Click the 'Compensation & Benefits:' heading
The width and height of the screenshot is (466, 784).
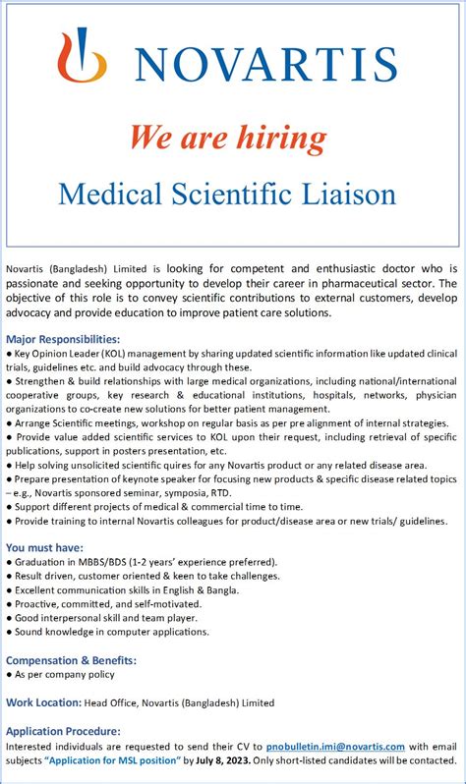[x=71, y=660]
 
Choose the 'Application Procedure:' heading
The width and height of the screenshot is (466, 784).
[x=63, y=731]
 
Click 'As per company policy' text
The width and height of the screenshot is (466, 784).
[x=65, y=674]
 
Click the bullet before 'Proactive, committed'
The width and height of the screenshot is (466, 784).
[x=9, y=604]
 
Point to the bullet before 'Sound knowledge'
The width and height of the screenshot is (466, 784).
[x=9, y=632]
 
